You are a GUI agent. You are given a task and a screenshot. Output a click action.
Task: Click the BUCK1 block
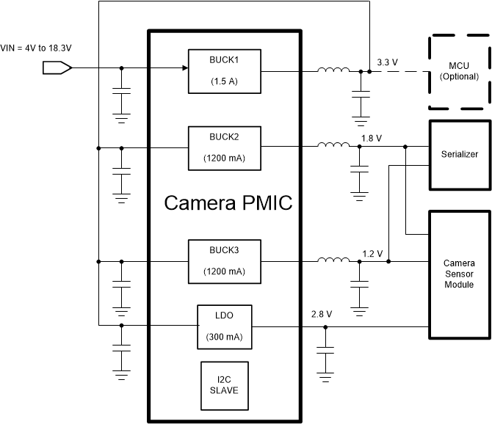225,71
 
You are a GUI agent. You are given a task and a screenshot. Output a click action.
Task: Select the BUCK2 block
225,147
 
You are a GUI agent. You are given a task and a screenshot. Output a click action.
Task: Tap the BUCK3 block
225,260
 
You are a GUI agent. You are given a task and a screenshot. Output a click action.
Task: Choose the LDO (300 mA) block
225,326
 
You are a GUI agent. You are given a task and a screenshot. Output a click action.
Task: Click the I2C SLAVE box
225,384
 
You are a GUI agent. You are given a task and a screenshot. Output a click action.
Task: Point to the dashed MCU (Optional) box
458,71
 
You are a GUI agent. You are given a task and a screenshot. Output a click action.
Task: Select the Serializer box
460,155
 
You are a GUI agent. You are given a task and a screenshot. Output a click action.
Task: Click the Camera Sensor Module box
460,274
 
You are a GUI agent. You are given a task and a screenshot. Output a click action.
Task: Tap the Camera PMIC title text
228,203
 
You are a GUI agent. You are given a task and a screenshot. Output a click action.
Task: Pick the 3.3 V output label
387,62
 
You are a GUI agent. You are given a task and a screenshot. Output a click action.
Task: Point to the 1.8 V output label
372,137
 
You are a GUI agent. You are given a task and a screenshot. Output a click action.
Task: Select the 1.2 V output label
372,253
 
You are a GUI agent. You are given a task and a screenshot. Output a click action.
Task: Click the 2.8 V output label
322,314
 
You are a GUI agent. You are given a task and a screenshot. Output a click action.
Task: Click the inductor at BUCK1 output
333,70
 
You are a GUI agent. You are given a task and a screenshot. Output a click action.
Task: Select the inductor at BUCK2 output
333,145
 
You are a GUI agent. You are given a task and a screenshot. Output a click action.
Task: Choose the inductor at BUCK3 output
333,260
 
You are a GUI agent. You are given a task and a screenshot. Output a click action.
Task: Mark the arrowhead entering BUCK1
184,68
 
